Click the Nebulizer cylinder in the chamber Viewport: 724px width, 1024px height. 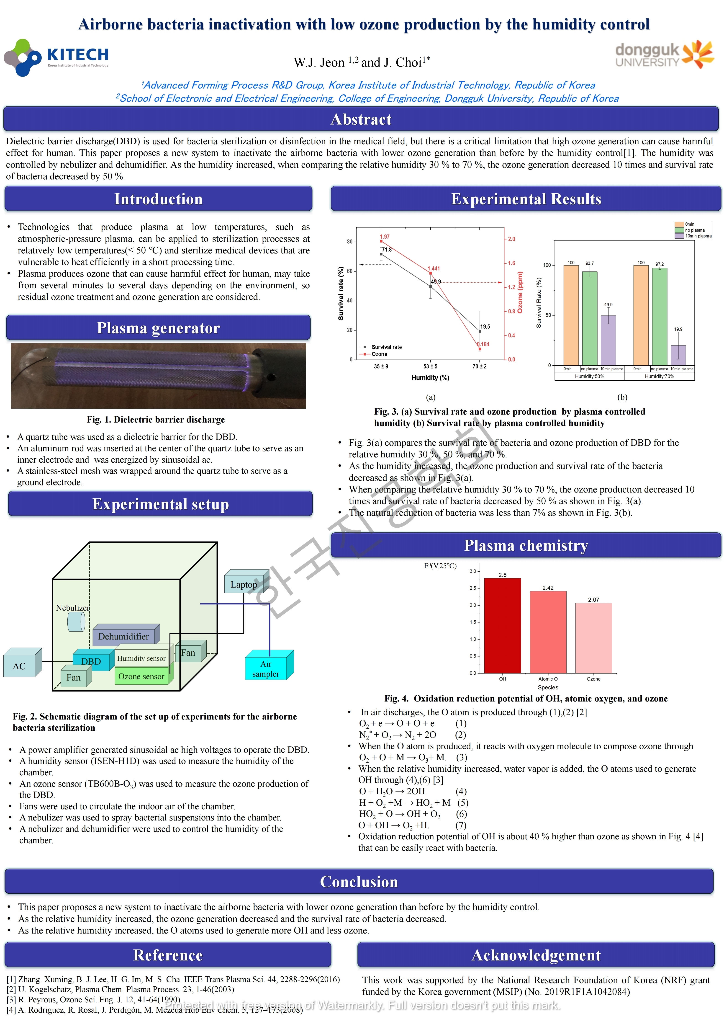pyautogui.click(x=76, y=621)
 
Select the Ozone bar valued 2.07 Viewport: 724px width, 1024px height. pyautogui.click(x=593, y=638)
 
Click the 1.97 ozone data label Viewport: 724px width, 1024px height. pyautogui.click(x=384, y=236)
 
